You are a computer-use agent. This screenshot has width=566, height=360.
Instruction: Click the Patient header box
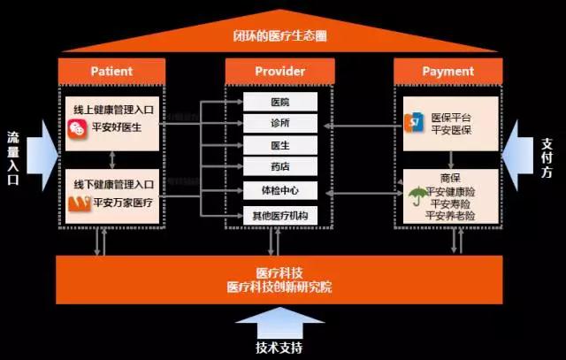point(111,71)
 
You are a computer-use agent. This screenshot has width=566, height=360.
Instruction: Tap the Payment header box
point(448,71)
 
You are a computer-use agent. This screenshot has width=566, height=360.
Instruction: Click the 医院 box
point(279,103)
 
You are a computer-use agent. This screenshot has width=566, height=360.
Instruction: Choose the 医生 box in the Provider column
point(279,144)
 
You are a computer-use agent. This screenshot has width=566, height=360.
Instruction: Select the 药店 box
point(279,166)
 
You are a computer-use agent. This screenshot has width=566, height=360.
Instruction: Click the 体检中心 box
point(279,189)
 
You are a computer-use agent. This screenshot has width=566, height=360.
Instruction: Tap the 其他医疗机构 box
point(279,213)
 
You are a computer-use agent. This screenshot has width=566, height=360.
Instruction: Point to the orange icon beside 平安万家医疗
point(78,203)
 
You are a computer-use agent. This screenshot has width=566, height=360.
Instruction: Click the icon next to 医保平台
point(413,121)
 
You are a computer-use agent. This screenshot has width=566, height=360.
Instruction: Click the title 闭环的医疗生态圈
point(279,38)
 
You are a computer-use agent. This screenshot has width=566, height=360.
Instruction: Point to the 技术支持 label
point(280,347)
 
